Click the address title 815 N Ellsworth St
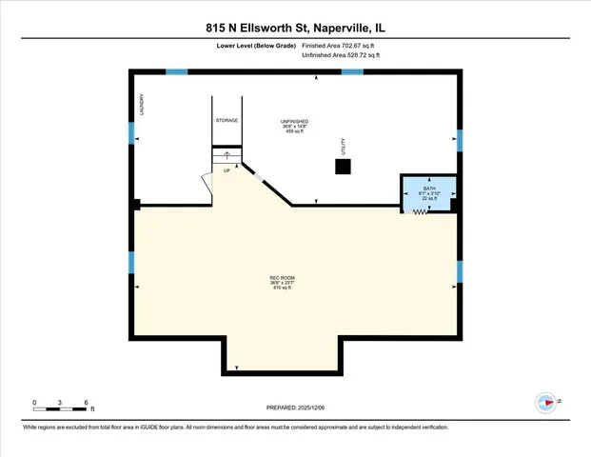tap(295, 28)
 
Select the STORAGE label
tap(227, 121)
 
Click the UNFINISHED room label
tap(293, 122)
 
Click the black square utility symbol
tap(343, 167)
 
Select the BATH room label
tap(429, 189)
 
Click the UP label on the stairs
tap(227, 171)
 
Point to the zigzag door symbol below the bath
tap(417, 212)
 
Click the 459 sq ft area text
tap(293, 132)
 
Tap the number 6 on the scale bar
tap(87, 402)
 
